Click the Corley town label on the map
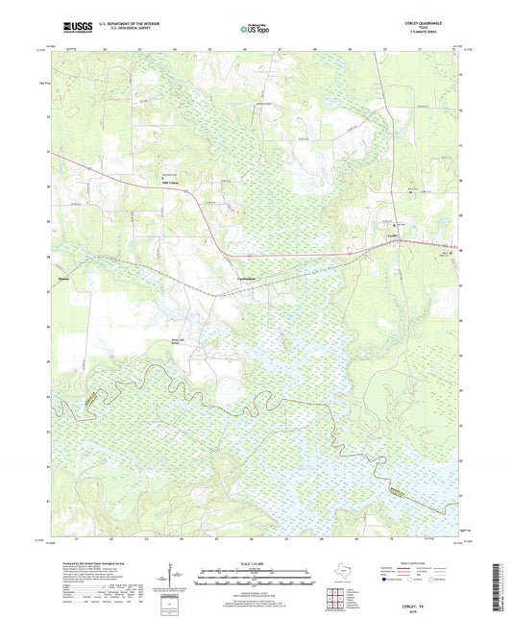391,234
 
